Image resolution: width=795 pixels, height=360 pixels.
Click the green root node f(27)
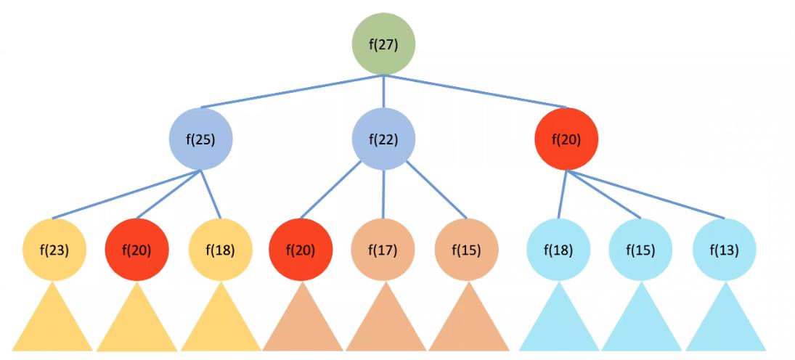[x=383, y=44]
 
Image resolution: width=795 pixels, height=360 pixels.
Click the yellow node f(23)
[x=55, y=250]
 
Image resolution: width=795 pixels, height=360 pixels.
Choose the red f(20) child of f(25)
[x=137, y=250]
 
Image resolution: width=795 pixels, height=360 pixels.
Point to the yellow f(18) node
[x=220, y=250]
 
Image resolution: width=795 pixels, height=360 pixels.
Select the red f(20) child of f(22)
[x=301, y=250]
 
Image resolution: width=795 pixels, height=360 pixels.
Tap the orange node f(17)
[x=383, y=250]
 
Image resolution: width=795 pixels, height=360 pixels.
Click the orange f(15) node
[x=466, y=250]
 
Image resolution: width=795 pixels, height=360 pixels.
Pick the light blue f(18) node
[x=558, y=250]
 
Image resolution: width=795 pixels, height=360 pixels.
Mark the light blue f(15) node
[x=641, y=250]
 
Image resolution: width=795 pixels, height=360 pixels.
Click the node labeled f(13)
[x=725, y=250]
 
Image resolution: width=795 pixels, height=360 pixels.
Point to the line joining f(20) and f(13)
[x=646, y=195]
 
